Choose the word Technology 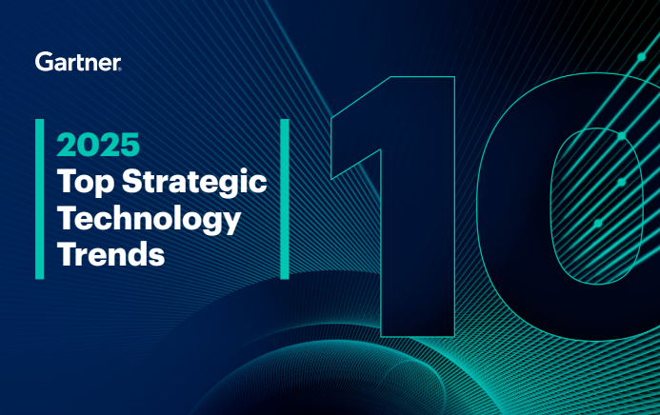click(x=149, y=220)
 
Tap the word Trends click(x=110, y=255)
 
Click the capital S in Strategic click(x=128, y=181)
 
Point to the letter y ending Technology click(x=230, y=224)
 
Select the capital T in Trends click(x=67, y=254)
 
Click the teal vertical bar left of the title click(x=40, y=199)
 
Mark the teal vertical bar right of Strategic click(x=284, y=199)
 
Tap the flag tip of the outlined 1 click(x=335, y=171)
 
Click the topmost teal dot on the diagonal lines click(x=641, y=57)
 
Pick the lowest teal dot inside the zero click(x=598, y=223)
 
